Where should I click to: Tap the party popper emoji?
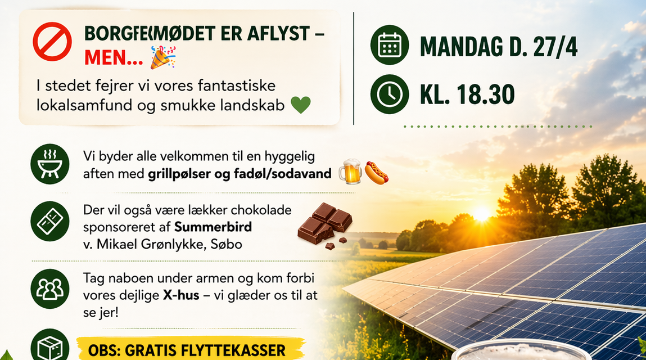point(163,57)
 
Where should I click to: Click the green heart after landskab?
point(301,105)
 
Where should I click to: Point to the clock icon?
point(390,94)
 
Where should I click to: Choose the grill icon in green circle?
point(50,165)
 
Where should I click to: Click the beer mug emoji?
point(349,173)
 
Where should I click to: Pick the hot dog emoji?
point(376,173)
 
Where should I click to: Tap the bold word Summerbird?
point(213,228)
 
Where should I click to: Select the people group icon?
point(50,289)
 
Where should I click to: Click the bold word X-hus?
point(181,295)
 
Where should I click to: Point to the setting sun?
point(482,214)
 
